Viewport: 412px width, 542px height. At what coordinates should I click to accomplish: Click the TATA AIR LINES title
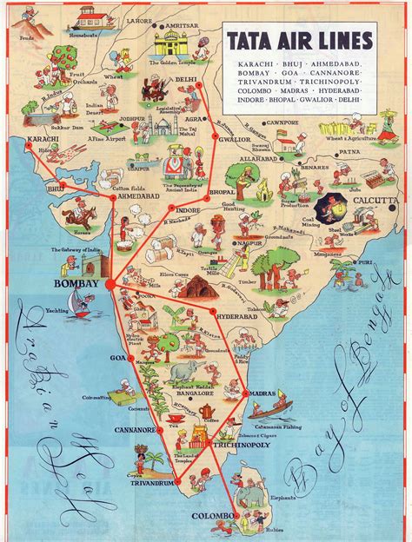[300, 40]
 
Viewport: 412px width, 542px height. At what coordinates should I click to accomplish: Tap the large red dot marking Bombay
[110, 283]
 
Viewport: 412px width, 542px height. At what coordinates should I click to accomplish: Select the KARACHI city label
[24, 138]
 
